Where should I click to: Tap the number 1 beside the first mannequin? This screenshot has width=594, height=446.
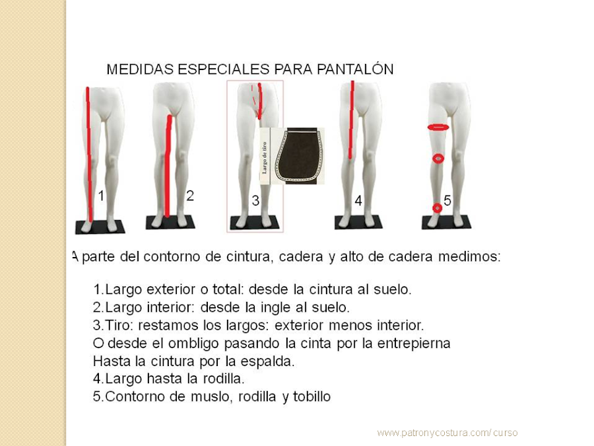click(x=101, y=196)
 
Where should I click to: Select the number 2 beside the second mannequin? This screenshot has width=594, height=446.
click(x=190, y=196)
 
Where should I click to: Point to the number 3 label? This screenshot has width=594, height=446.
click(x=255, y=201)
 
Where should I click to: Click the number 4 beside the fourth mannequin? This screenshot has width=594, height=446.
click(x=358, y=202)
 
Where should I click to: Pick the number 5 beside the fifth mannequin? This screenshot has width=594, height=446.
click(x=447, y=201)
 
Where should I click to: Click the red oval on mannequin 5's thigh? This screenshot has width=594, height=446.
click(x=438, y=126)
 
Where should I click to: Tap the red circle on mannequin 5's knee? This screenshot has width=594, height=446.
click(x=438, y=159)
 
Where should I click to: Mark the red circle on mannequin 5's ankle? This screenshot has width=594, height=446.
click(x=436, y=208)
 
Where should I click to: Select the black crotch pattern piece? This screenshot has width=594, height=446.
click(x=297, y=155)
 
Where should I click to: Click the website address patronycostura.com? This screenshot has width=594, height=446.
click(x=447, y=433)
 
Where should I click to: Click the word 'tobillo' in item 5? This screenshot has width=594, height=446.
click(x=311, y=397)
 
